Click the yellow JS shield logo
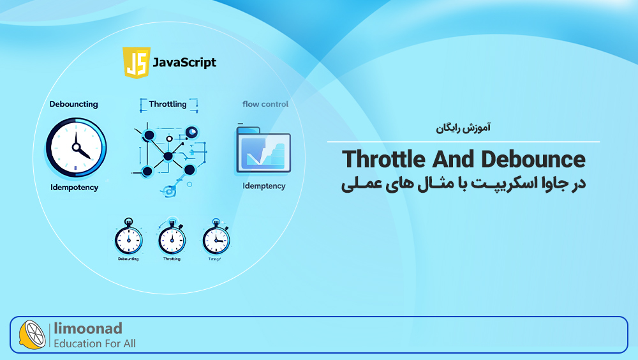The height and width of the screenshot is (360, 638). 136,63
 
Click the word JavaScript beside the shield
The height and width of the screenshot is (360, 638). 184,63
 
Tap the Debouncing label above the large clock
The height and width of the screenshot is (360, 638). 74,104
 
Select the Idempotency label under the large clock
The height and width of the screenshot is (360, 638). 74,187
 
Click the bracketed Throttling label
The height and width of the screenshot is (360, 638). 168,104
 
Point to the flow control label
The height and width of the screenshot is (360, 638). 265,104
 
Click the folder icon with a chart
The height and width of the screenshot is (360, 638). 263,151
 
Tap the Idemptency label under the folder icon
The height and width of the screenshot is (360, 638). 263,186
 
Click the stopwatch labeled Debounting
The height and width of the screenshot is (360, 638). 128,238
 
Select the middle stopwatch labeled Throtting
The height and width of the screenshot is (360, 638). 172,238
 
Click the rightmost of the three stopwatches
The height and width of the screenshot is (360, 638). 215,238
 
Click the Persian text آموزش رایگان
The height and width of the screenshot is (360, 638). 463,128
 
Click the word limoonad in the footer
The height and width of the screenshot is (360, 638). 87,329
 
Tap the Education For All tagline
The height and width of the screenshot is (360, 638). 94,343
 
